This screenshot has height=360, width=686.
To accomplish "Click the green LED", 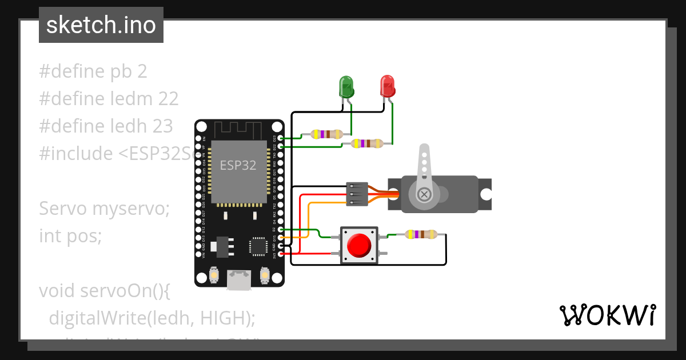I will (346, 86).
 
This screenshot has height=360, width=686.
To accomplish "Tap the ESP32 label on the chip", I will (238, 166).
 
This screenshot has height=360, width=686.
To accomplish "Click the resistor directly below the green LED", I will (326, 134).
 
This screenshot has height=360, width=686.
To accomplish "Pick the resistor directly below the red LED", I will (367, 143).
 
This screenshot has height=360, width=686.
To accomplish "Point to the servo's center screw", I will (424, 194).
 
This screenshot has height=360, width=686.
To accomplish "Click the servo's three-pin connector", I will (357, 194).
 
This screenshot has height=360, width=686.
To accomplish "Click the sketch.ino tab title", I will (101, 25).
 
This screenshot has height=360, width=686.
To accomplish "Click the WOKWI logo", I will (607, 315).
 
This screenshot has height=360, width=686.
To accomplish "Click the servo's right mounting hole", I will (485, 194).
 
